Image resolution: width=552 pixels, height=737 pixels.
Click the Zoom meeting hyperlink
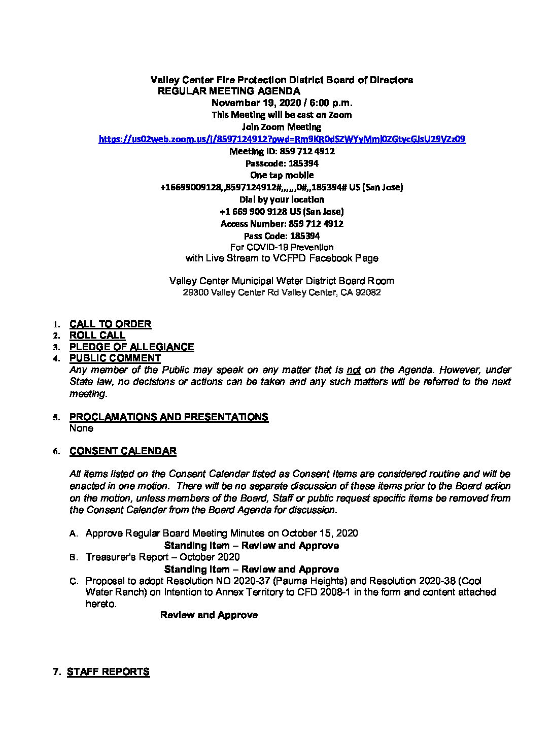pos(282,139)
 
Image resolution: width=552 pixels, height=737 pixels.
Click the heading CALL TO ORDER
pos(110,324)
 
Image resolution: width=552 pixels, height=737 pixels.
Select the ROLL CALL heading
pos(97,336)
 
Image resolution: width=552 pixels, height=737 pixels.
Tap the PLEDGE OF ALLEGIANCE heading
pos(131,347)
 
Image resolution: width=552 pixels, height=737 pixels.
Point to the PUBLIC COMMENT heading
pos(115,358)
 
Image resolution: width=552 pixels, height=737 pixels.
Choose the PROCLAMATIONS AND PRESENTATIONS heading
pos(168,417)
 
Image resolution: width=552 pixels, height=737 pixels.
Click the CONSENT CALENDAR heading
pos(123,451)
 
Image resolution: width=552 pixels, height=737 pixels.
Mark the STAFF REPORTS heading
pos(108,672)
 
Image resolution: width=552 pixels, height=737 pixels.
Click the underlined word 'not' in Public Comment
pos(354,370)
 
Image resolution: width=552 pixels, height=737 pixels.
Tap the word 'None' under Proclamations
pos(81,428)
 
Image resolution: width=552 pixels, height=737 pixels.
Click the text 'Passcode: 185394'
pos(282,163)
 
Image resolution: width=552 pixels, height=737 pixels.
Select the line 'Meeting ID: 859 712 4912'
pos(282,151)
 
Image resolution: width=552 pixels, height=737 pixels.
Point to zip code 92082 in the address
pos(369,293)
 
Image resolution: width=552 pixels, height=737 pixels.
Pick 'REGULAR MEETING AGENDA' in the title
pos(229,91)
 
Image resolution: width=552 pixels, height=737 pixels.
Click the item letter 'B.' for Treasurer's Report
pos(74,557)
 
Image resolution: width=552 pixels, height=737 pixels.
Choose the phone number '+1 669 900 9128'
pos(253,212)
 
